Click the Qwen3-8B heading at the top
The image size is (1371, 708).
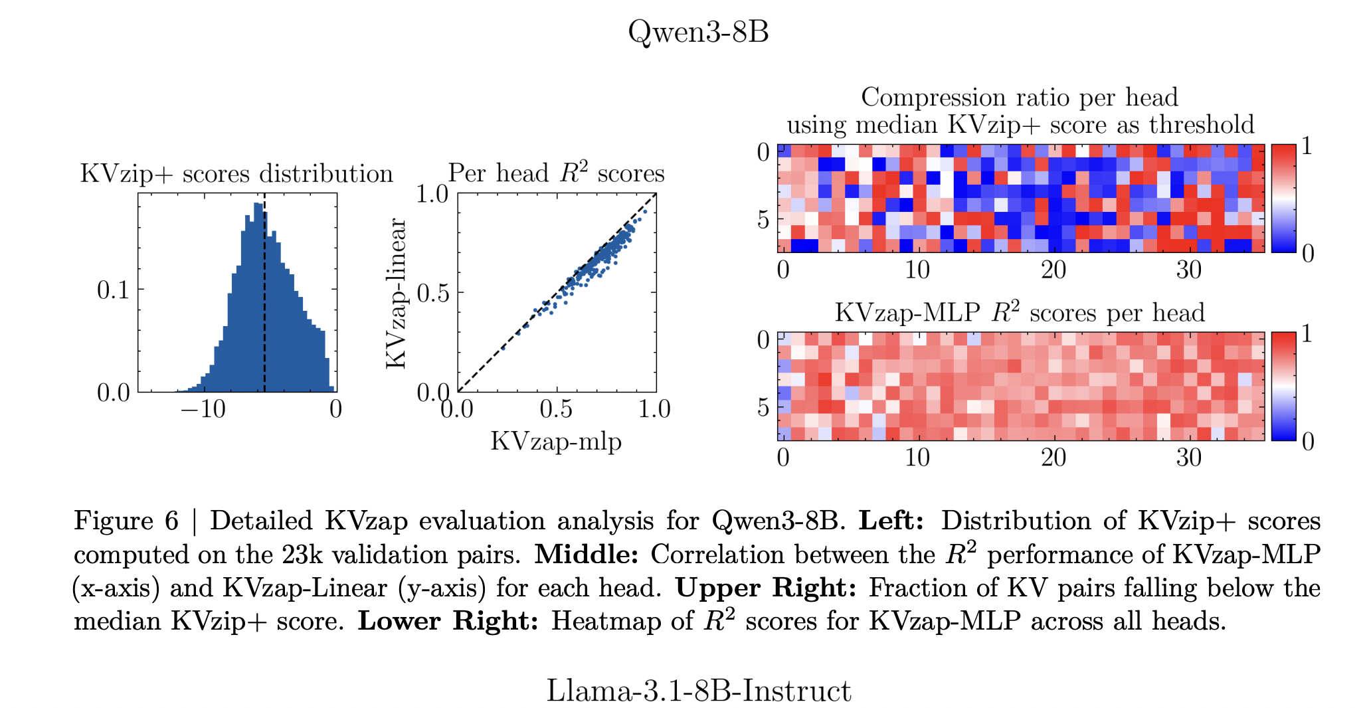click(698, 31)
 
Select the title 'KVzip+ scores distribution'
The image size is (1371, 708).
click(236, 174)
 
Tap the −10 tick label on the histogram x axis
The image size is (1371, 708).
click(203, 409)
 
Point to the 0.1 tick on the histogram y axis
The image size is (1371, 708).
click(114, 290)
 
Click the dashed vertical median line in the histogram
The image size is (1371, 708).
click(264, 319)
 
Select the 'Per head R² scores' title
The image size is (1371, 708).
click(556, 173)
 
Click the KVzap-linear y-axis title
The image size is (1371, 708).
click(396, 293)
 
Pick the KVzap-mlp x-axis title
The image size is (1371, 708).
click(556, 441)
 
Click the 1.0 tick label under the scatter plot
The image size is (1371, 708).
click(654, 409)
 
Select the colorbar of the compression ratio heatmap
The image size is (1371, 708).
click(1284, 199)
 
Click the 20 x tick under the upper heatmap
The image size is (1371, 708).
click(1053, 270)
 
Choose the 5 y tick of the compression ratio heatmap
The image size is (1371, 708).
click(763, 219)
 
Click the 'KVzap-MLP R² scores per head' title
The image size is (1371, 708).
click(1020, 312)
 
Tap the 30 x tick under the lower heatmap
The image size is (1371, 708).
click(1189, 458)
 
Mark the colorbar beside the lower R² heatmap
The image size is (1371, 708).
click(1284, 386)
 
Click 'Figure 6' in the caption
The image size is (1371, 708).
click(126, 521)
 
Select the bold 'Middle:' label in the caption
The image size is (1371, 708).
click(586, 555)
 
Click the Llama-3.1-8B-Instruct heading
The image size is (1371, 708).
click(698, 691)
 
